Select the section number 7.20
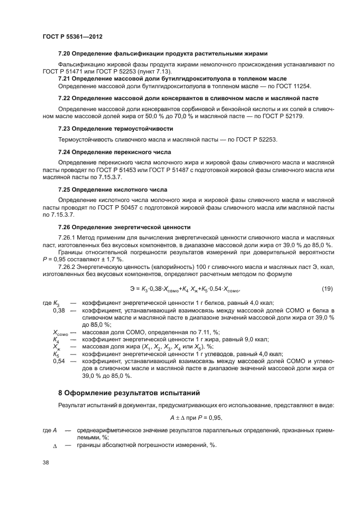tap(65, 53)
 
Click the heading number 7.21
tap(65, 78)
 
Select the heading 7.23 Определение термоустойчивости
tap(115, 128)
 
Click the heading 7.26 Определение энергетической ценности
tap(124, 226)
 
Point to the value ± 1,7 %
tap(117, 259)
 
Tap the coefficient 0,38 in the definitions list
tap(59, 310)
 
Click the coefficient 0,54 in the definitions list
tap(59, 361)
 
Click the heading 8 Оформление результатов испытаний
tap(121, 393)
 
